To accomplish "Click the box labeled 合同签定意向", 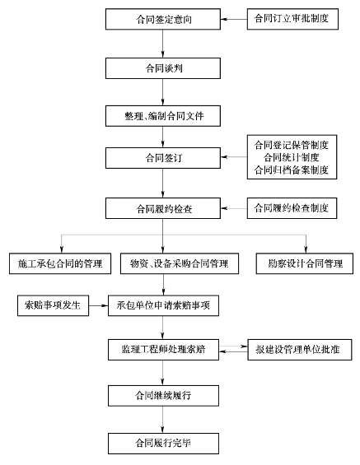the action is click(163, 19).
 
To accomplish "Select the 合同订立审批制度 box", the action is click(292, 19).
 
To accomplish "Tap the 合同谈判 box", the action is click(163, 68).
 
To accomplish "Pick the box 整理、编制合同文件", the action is click(163, 116).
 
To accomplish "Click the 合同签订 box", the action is click(163, 158).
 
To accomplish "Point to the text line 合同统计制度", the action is click(292, 157).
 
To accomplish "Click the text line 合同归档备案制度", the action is click(292, 170).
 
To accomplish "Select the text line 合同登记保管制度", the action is click(292, 145).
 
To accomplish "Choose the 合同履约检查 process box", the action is click(163, 208).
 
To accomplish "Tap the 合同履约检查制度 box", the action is click(292, 208).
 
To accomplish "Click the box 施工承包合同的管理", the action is click(60, 263).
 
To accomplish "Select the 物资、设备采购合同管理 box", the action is click(180, 263).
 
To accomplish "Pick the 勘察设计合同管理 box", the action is click(305, 263).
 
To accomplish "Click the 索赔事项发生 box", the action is click(53, 305).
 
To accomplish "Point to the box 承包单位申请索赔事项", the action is click(164, 305).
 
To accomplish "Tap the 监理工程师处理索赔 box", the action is click(164, 350).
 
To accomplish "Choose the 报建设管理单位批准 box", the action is click(300, 350).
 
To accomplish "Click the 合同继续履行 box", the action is click(164, 396).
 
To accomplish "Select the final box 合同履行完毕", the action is click(164, 444).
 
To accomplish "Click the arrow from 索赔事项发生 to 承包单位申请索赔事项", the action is click(99, 305).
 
